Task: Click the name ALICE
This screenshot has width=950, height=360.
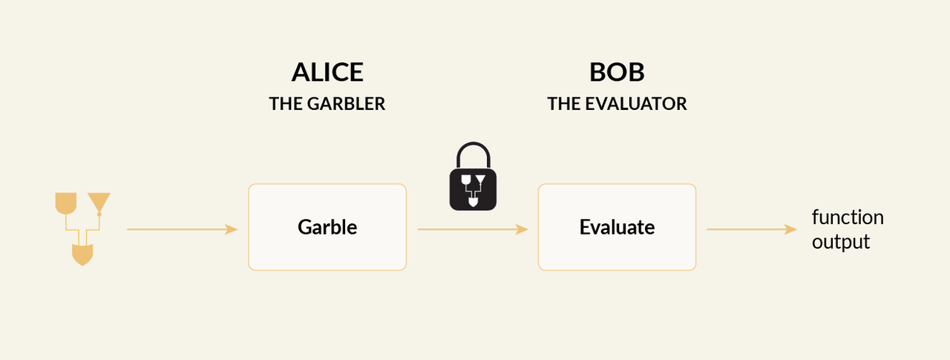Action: coord(327,72)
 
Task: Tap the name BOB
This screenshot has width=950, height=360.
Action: coord(617,72)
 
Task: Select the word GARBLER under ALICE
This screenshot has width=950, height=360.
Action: coord(346,104)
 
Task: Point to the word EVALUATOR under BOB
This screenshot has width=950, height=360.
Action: coord(636,104)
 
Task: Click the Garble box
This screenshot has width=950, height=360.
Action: coord(327,227)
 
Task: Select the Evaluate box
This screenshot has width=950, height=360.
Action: coord(617,227)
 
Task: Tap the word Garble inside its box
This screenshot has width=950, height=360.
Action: coord(327,227)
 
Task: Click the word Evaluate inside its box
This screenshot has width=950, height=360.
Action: coord(617,227)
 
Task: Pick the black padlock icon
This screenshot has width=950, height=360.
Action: coord(473,177)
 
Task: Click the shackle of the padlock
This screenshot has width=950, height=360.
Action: coord(474,145)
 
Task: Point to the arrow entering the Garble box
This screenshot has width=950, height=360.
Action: coord(183,229)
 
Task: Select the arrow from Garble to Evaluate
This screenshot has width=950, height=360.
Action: coord(473,229)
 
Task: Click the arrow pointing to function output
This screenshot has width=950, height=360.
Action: coord(752,229)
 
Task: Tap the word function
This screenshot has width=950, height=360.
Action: coord(848,217)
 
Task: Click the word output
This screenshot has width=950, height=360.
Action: coord(841,242)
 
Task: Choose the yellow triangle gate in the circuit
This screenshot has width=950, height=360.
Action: coord(99,202)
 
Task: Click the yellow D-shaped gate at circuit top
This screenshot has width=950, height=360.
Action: coord(66,203)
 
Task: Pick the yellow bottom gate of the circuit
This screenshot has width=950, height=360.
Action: coord(82,255)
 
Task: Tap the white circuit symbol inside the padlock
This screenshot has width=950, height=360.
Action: coord(473,190)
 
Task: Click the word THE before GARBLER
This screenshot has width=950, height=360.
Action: coord(286,104)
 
